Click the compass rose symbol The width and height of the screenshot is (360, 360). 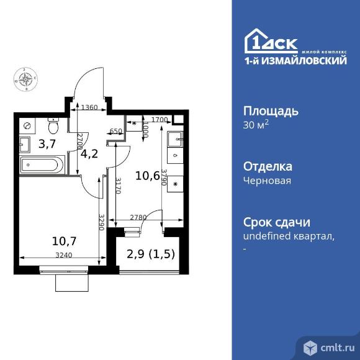click(x=26, y=79)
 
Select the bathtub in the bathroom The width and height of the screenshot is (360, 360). click(x=40, y=166)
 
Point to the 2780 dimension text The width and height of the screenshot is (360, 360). click(x=138, y=217)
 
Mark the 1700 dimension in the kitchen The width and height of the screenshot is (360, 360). click(x=160, y=119)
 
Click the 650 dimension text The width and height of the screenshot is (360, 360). click(x=115, y=132)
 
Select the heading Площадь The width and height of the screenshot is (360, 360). click(x=270, y=111)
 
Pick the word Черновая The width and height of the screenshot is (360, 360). click(x=267, y=181)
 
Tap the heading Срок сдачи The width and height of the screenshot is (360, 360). click(x=276, y=222)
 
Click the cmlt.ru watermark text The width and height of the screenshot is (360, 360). click(x=337, y=348)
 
